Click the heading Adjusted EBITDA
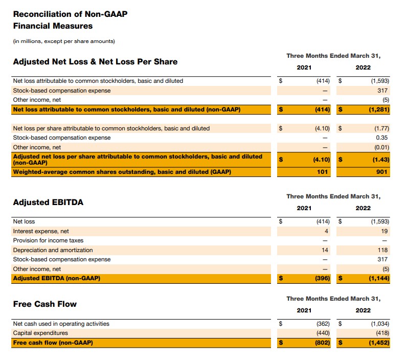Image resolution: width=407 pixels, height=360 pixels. tap(48, 202)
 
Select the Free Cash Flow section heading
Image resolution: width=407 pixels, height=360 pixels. tap(45, 304)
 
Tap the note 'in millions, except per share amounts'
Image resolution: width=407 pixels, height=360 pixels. tap(64, 41)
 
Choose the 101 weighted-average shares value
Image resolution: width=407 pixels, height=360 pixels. tap(324, 172)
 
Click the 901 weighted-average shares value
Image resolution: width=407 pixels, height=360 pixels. tap(383, 172)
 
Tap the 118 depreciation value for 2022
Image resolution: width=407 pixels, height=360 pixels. tap(383, 250)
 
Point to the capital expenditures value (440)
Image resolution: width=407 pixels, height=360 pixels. tap(322, 333)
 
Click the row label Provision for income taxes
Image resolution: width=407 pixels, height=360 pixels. tap(48, 240)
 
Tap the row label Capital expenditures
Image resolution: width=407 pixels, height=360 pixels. tap(40, 333)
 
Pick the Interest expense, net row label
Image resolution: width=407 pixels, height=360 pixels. tap(41, 231)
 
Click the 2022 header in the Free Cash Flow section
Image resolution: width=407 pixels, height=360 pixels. tap(363, 310)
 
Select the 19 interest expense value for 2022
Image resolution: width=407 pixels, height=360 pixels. tap(385, 231)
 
